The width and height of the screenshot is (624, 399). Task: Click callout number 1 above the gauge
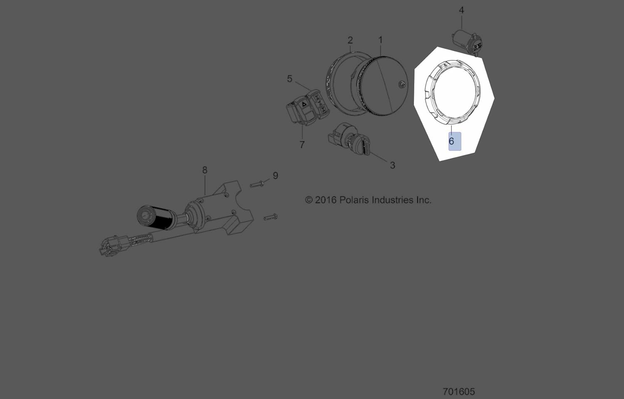click(380, 40)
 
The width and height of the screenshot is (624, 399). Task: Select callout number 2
click(350, 40)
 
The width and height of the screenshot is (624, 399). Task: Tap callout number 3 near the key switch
click(392, 165)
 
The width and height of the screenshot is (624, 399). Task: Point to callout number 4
click(461, 10)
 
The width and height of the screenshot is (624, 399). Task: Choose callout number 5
click(290, 79)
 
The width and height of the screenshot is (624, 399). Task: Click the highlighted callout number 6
click(452, 141)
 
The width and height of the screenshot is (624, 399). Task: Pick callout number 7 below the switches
click(302, 145)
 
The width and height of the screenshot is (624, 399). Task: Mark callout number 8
click(205, 170)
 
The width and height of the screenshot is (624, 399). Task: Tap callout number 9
click(275, 175)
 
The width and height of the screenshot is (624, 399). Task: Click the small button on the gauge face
click(401, 84)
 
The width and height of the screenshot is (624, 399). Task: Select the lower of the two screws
click(270, 217)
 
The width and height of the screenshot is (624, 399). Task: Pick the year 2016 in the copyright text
click(326, 200)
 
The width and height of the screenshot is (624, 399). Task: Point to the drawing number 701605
click(458, 392)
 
